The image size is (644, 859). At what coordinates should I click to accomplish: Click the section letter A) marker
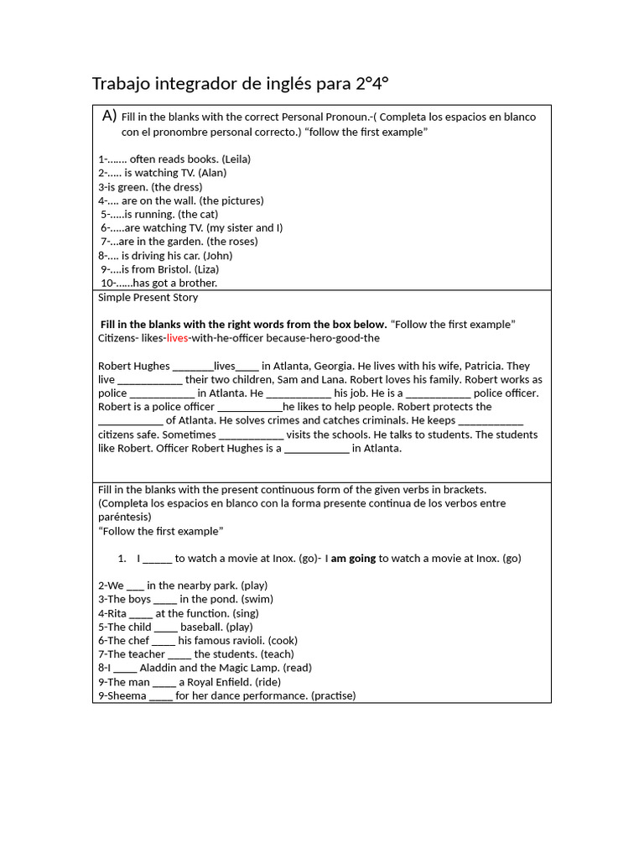(109, 116)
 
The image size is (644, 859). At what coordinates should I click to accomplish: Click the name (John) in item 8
(217, 255)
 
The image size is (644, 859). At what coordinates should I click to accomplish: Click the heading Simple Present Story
(148, 297)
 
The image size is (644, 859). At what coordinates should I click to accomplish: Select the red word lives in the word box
(177, 338)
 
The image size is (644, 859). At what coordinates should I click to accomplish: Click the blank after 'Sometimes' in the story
(251, 435)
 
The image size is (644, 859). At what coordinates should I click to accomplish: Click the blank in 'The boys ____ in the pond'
(165, 599)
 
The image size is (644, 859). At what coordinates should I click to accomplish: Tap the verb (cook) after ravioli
(283, 640)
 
